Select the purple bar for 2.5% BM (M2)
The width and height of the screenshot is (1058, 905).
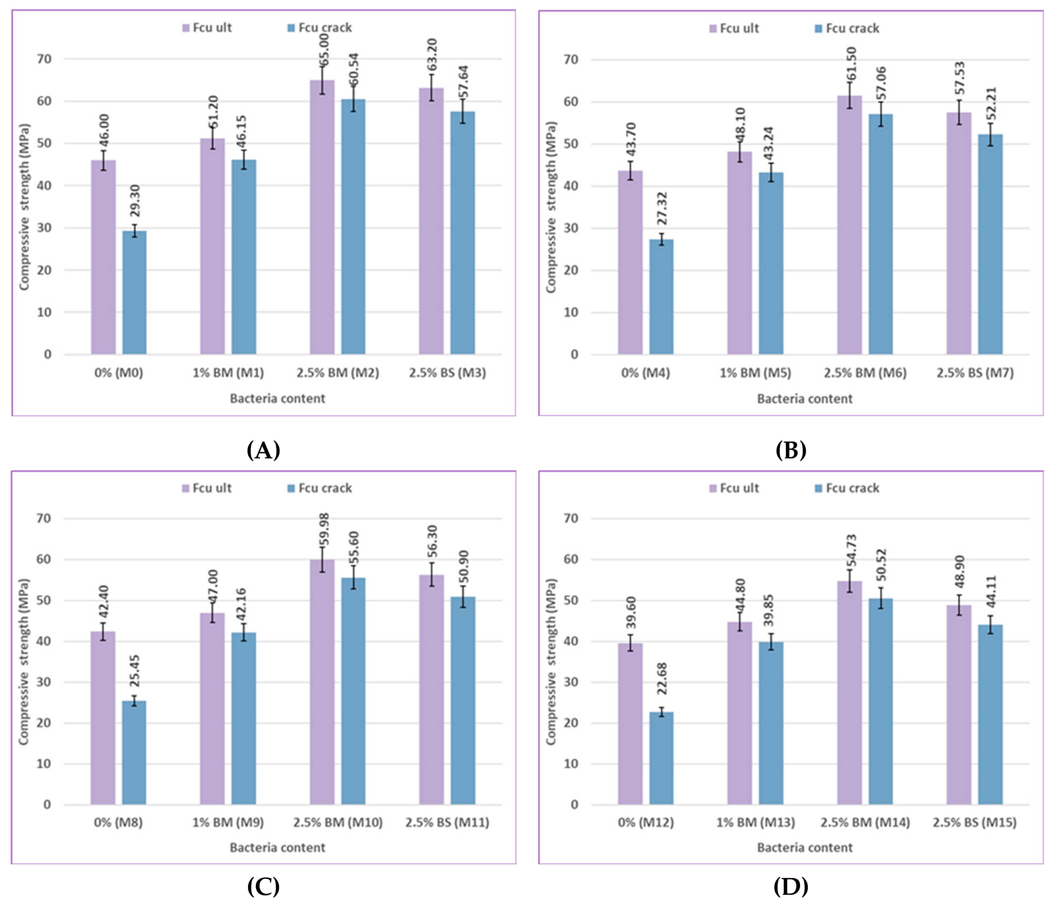point(322,217)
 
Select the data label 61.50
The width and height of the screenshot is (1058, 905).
point(851,64)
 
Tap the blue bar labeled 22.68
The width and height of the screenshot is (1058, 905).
point(661,758)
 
